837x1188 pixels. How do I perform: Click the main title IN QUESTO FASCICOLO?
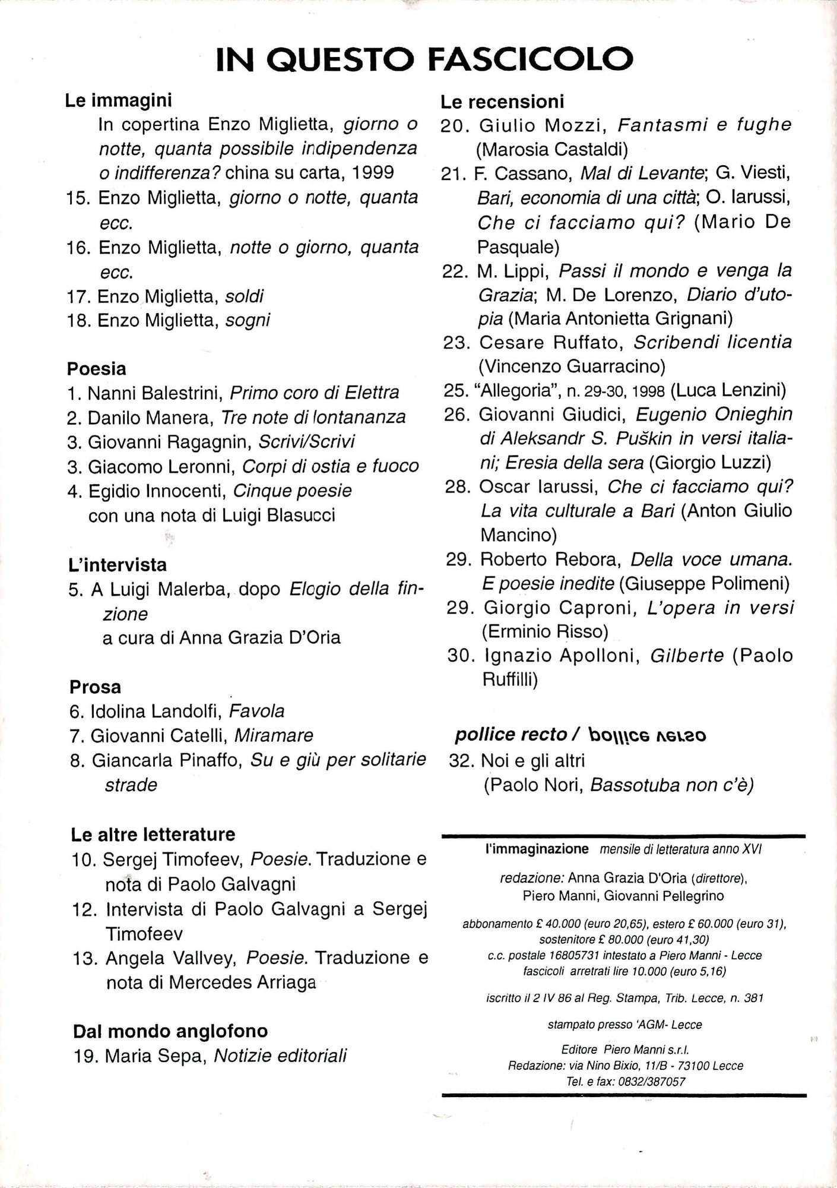pos(424,59)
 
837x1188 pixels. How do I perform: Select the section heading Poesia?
pos(96,369)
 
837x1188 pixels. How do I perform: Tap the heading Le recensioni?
pos(502,102)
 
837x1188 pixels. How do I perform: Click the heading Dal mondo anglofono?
pos(170,1031)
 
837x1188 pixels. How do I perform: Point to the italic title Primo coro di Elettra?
pos(314,393)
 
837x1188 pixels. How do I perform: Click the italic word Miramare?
pos(274,735)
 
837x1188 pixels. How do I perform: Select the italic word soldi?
pos(245,296)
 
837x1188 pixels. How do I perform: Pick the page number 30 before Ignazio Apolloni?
pos(462,656)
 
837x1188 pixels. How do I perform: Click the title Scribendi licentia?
pos(712,342)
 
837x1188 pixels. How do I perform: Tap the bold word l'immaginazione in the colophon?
pos(537,849)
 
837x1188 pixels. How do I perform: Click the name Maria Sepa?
pos(155,1056)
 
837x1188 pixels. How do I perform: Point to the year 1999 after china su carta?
pos(373,172)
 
